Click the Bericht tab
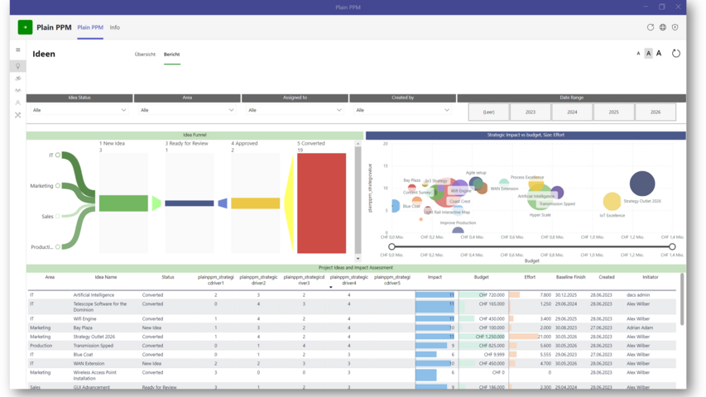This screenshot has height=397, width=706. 171,55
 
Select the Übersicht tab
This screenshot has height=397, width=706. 145,55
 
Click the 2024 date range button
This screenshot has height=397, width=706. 572,112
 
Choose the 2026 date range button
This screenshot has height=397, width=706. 656,112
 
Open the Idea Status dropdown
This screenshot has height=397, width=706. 79,110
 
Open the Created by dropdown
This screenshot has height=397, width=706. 402,110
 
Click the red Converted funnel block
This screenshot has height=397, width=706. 321,203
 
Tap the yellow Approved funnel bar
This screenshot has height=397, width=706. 255,203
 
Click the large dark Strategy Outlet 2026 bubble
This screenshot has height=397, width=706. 642,184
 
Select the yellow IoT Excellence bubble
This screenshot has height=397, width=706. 612,201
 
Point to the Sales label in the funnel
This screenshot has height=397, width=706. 47,217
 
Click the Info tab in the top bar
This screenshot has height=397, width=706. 115,27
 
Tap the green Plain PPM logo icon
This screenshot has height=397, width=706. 25,27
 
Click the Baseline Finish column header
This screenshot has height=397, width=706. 570,277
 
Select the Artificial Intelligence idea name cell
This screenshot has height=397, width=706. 94,294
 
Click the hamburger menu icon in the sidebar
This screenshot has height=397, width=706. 18,50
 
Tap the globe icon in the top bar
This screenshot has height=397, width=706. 662,27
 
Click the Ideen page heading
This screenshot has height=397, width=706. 44,55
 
